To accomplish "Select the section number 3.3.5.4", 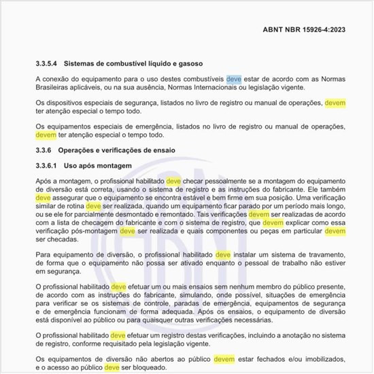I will coord(49,63).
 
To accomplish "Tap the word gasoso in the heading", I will coord(189,63).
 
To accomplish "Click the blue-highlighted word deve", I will coord(233,79).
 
